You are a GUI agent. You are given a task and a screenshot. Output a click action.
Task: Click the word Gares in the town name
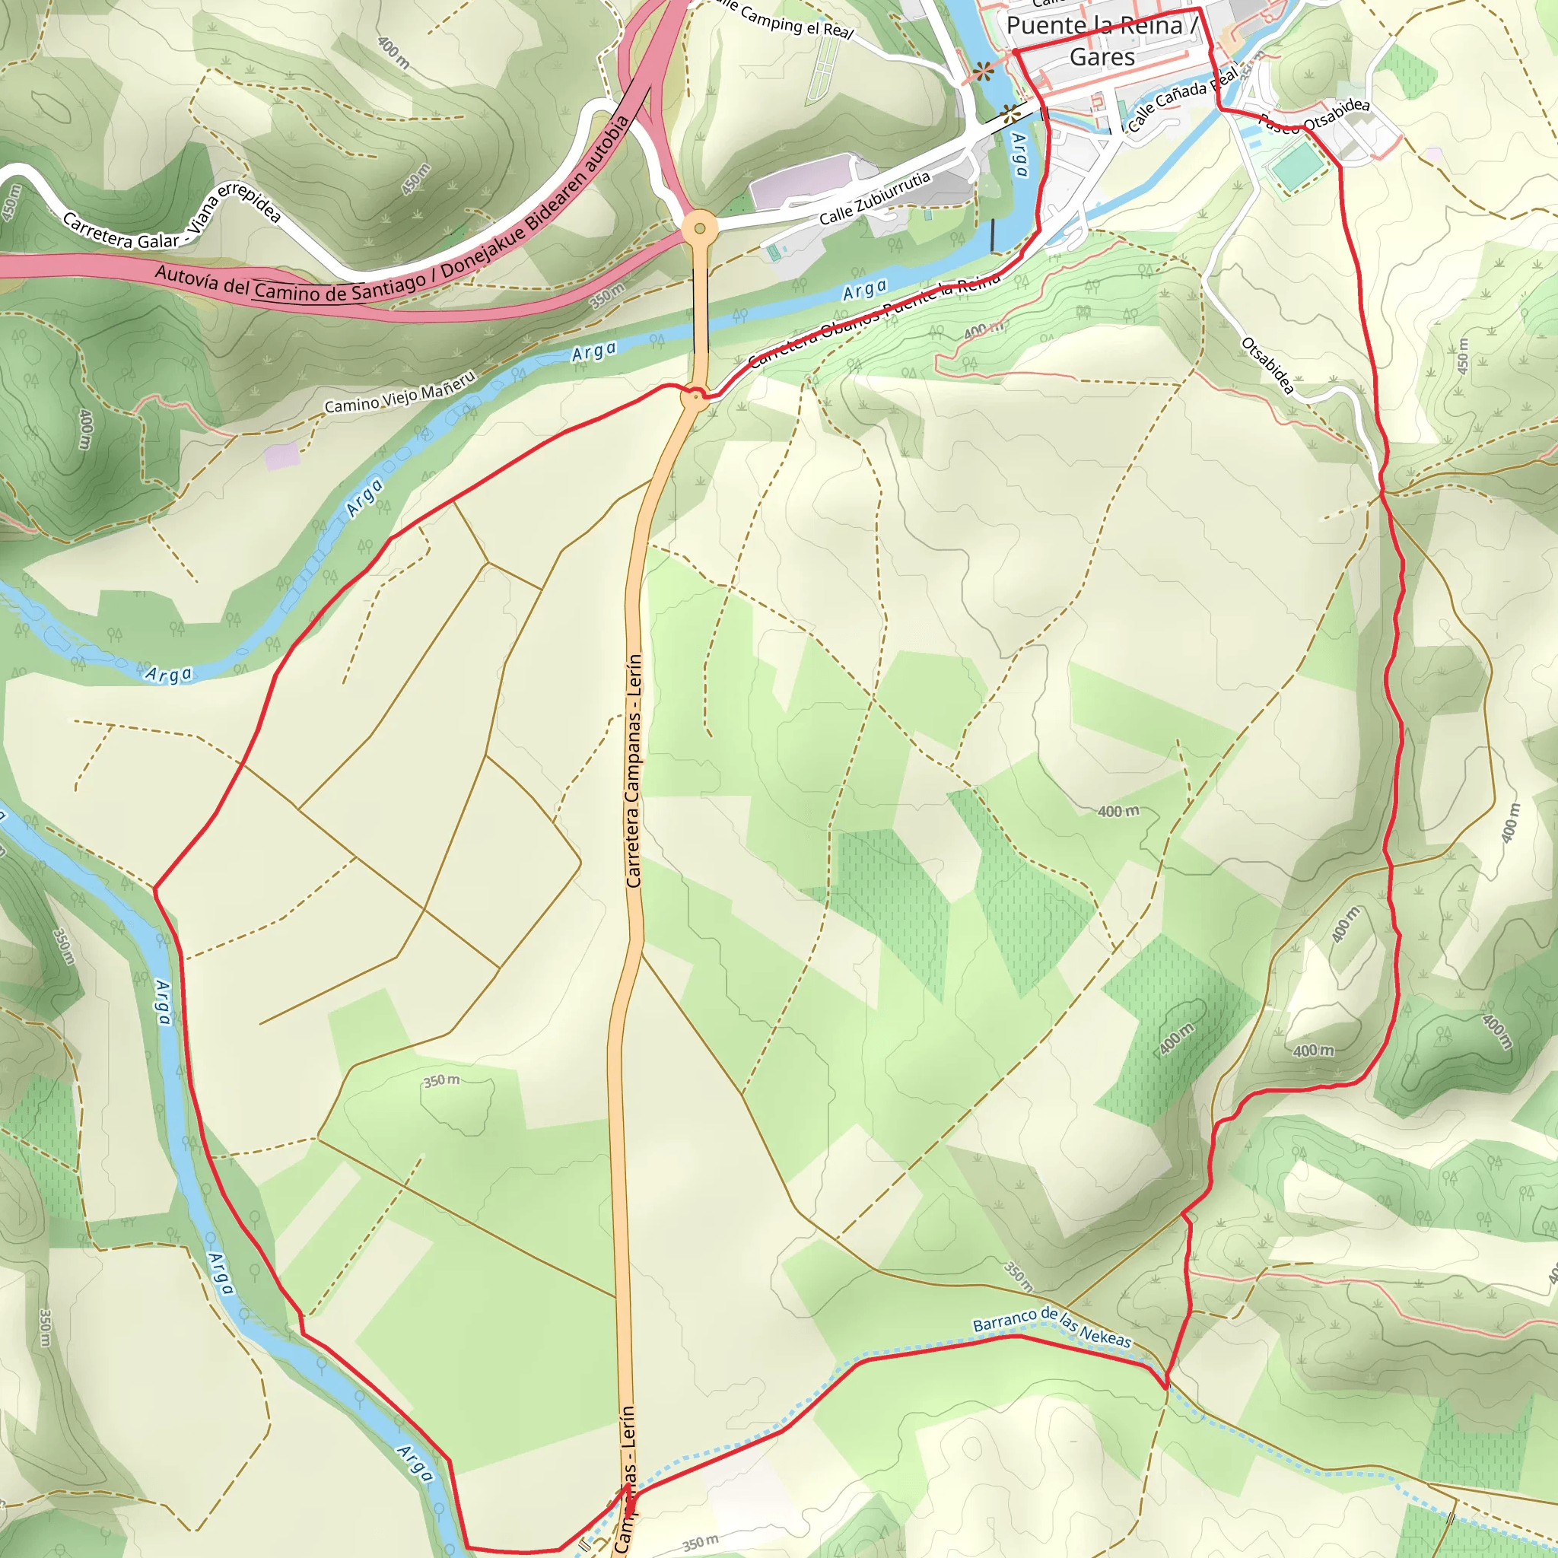pos(1102,57)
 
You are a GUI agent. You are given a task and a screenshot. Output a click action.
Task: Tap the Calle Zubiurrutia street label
pos(875,199)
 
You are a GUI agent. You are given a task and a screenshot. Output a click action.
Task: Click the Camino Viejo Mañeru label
pos(400,393)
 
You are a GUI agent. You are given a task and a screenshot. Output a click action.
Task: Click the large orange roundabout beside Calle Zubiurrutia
pos(699,228)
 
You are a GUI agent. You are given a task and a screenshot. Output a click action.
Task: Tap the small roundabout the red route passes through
pos(695,397)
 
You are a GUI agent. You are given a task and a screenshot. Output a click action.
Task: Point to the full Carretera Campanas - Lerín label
pos(634,771)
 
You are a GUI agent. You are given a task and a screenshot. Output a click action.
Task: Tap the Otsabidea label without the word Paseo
pos(1267,365)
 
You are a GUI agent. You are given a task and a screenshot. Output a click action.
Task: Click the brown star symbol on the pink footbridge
pos(982,72)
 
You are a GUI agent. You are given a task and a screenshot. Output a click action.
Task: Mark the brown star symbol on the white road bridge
pos(1010,113)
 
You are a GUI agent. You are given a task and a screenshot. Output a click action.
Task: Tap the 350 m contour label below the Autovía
pos(607,296)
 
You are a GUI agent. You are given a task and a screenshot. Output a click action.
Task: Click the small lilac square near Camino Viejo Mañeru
pos(281,456)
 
